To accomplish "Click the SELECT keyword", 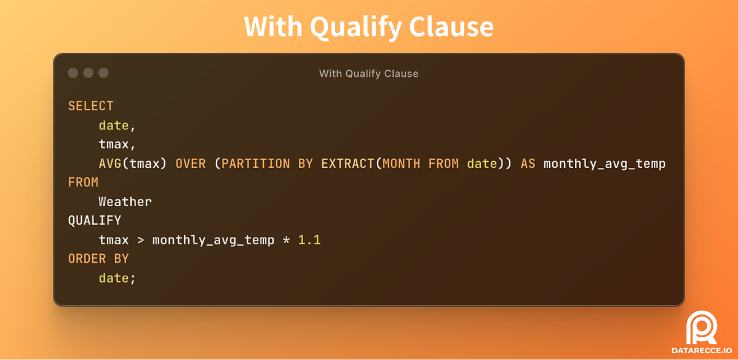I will [90, 106].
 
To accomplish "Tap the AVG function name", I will [110, 164].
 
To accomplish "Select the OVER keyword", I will [190, 164].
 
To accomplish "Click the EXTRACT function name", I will [347, 164].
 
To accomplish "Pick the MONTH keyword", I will [401, 164].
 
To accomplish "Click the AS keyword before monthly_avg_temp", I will [528, 164].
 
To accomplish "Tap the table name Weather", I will [125, 202].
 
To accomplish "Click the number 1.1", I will [309, 240].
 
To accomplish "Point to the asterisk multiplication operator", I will [286, 241].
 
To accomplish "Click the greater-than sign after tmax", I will [140, 240].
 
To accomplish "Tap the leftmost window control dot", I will [73, 73].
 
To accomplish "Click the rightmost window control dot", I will [103, 73].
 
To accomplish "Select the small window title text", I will [368, 74].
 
